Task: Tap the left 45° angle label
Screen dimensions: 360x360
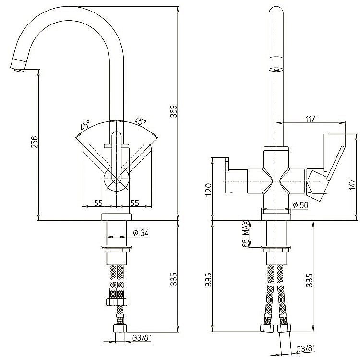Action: coord(84,126)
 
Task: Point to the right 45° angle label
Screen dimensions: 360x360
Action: coord(140,121)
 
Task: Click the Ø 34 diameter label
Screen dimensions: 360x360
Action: coord(139,233)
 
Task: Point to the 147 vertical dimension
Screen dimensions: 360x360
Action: coord(352,184)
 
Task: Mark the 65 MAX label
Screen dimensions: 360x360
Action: coord(246,234)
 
